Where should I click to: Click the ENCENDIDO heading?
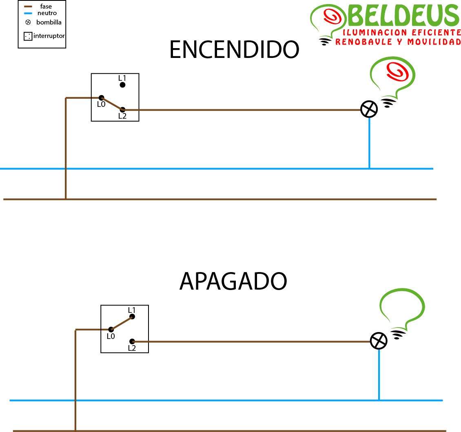pyautogui.click(x=234, y=50)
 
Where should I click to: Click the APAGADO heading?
pyautogui.click(x=233, y=281)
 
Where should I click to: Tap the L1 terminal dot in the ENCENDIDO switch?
pyautogui.click(x=122, y=85)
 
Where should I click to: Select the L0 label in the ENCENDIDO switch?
pyautogui.click(x=101, y=104)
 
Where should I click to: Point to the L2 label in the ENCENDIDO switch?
pyautogui.click(x=122, y=116)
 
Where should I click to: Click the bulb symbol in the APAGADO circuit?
pyautogui.click(x=379, y=341)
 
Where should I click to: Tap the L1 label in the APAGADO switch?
pyautogui.click(x=132, y=310)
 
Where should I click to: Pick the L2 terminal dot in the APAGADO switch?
pyautogui.click(x=132, y=341)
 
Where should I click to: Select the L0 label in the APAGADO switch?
pyautogui.click(x=111, y=337)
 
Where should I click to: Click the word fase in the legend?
pyautogui.click(x=46, y=7)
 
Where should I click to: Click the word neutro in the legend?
pyautogui.click(x=47, y=13)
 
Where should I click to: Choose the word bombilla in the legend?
pyautogui.click(x=49, y=22)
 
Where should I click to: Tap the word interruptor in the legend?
pyautogui.click(x=49, y=36)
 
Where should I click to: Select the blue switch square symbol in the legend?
pyautogui.click(x=28, y=36)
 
